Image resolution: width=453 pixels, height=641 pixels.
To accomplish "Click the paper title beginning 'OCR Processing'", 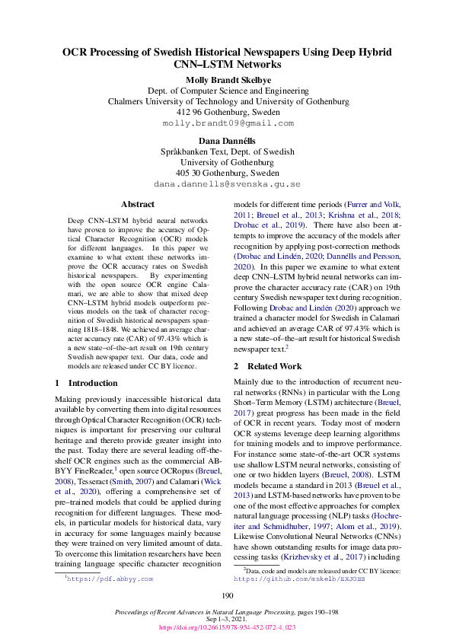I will tap(227, 59).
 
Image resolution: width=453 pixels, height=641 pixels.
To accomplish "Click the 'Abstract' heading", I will tap(138, 204).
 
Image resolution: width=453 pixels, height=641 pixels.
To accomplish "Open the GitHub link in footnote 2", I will tap(299, 579).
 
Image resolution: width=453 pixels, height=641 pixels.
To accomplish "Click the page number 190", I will tap(227, 596).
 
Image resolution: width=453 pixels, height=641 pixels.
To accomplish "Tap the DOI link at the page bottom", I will tap(227, 628).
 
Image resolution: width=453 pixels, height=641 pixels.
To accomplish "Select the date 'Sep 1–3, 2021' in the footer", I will tap(227, 620).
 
